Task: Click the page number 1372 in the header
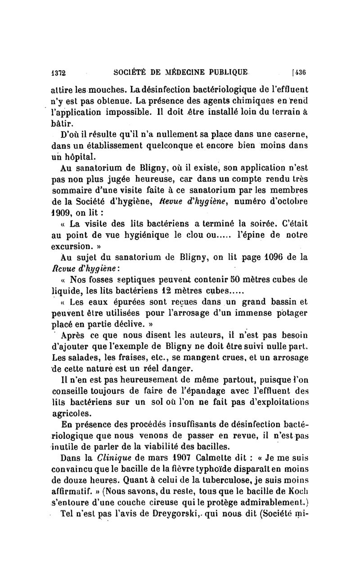coord(58,71)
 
